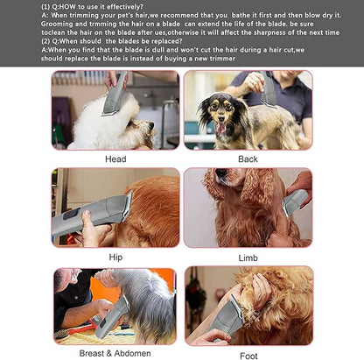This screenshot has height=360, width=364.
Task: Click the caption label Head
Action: pos(115,159)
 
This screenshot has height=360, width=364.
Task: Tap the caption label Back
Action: pos(248,159)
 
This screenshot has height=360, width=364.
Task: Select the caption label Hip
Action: pos(115,258)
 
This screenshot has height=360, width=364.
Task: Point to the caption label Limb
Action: pos(248,258)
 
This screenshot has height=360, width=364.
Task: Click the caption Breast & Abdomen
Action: pos(115,355)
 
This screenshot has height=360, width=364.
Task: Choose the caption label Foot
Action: pos(248,356)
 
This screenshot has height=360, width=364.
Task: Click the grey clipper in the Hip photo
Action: pos(87,217)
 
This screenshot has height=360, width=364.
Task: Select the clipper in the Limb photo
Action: pos(294,202)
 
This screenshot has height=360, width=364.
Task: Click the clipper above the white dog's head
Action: pos(113,99)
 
